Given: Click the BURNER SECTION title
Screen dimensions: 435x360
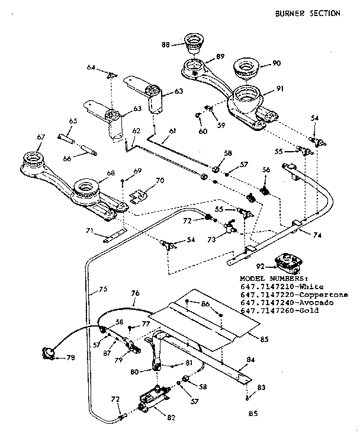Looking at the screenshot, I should [x=308, y=14].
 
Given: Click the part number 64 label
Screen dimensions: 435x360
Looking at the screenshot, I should [x=91, y=68].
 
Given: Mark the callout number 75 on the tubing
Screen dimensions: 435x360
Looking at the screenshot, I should [x=102, y=290].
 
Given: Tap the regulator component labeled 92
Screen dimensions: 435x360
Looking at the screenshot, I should [x=290, y=261].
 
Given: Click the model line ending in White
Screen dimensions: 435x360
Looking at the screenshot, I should [x=279, y=286].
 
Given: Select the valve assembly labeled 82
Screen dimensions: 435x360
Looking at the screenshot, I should [x=152, y=401].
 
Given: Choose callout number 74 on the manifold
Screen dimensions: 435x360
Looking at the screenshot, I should [x=317, y=235].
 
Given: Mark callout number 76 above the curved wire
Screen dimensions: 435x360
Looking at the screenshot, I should [x=135, y=293].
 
